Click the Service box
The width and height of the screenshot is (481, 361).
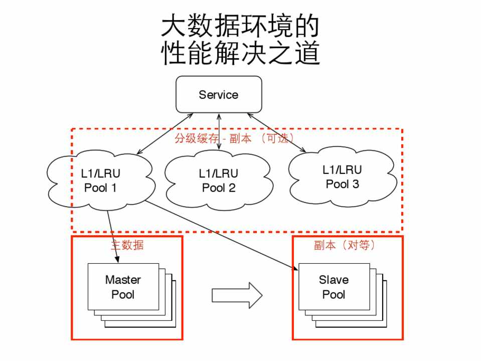(x=219, y=94)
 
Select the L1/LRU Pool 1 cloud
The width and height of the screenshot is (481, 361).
(x=100, y=180)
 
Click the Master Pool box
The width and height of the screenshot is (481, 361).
(x=123, y=287)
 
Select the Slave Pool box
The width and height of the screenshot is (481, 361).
(x=334, y=287)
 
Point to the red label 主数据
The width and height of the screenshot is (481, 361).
(x=127, y=245)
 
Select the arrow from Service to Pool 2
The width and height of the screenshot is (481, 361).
(x=219, y=131)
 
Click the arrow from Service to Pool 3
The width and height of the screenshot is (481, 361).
(x=276, y=132)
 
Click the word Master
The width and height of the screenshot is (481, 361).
(x=123, y=280)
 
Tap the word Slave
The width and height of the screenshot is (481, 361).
(x=334, y=280)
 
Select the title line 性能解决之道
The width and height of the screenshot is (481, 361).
(x=240, y=53)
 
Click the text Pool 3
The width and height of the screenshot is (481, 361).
(x=342, y=184)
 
